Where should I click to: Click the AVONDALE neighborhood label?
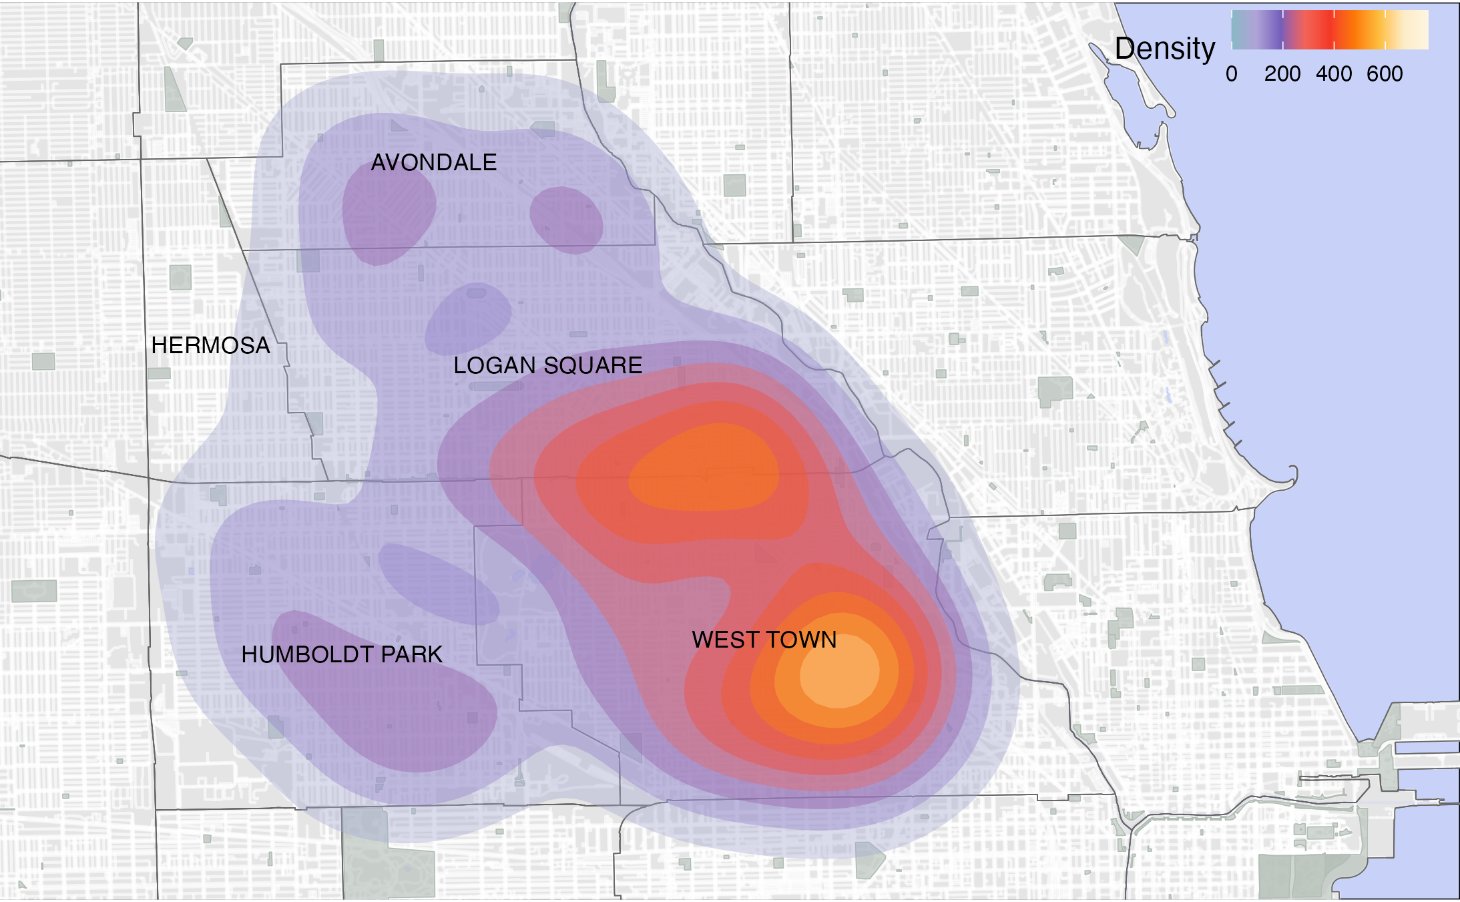[434, 162]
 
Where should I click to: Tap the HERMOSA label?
[210, 345]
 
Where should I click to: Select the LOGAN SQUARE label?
[547, 365]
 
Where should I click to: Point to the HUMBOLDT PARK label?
[342, 654]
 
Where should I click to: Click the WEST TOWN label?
[764, 640]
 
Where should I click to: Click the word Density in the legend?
[1165, 49]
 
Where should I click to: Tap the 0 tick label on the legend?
[1232, 73]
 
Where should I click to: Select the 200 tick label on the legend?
[1282, 73]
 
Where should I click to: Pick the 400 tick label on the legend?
[1334, 73]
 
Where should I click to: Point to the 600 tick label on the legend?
[1385, 73]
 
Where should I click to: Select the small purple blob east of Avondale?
[566, 220]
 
